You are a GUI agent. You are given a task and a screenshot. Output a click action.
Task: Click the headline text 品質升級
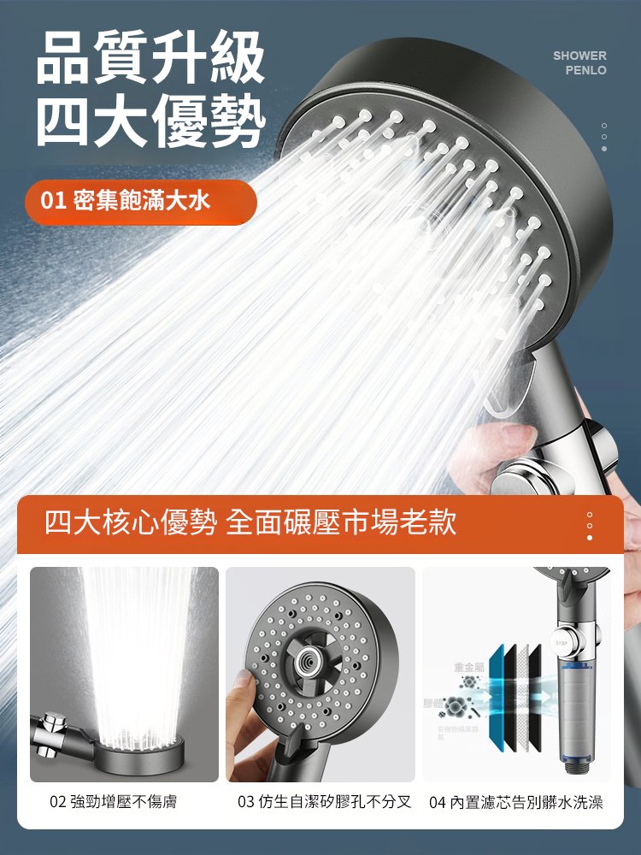150,58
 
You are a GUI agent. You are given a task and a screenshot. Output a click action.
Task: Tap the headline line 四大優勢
150,121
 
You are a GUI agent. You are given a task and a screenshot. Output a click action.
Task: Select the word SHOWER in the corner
579,56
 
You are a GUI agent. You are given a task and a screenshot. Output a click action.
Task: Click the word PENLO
585,70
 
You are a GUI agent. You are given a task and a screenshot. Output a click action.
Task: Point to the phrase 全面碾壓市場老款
342,522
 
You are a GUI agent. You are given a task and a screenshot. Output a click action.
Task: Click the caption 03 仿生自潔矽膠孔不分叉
324,802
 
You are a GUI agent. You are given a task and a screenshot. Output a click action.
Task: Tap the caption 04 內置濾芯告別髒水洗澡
516,802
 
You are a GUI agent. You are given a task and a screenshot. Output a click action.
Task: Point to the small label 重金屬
468,667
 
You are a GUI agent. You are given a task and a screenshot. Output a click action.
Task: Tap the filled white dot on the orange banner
590,537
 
